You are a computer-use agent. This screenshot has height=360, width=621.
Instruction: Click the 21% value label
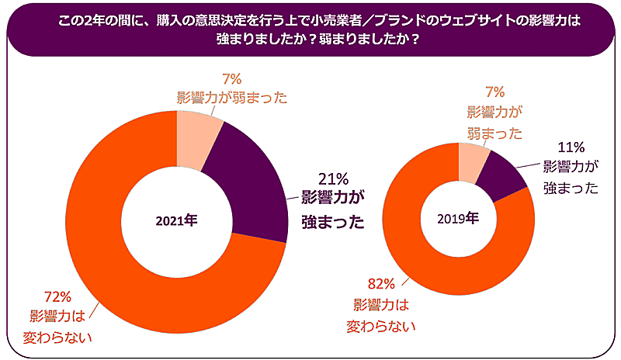pyautogui.click(x=335, y=178)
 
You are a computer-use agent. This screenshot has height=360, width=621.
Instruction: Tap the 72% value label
pyautogui.click(x=58, y=297)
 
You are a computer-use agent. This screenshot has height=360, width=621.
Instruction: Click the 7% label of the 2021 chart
pyautogui.click(x=232, y=79)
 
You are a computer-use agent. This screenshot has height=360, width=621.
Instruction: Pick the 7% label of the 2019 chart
pyautogui.click(x=495, y=92)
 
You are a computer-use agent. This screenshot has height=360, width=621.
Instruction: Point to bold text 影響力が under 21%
pyautogui.click(x=333, y=199)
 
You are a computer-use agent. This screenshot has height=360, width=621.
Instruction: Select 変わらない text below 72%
pyautogui.click(x=61, y=336)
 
